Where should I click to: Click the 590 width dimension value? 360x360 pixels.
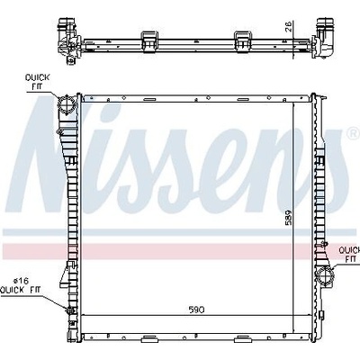pyautogui.click(x=197, y=310)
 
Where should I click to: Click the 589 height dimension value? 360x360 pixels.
pyautogui.click(x=288, y=218)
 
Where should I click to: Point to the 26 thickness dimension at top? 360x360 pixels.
pyautogui.click(x=288, y=27)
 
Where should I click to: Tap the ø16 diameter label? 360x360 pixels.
pyautogui.click(x=21, y=281)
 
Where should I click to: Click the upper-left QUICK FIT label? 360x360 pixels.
pyautogui.click(x=37, y=82)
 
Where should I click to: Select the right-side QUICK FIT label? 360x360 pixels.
pyautogui.click(x=349, y=254)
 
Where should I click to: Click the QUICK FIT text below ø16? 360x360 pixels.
pyautogui.click(x=21, y=290)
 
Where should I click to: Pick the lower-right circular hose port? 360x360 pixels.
pyautogui.click(x=325, y=275)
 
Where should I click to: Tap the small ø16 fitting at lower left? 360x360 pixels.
pyautogui.click(x=71, y=310)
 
